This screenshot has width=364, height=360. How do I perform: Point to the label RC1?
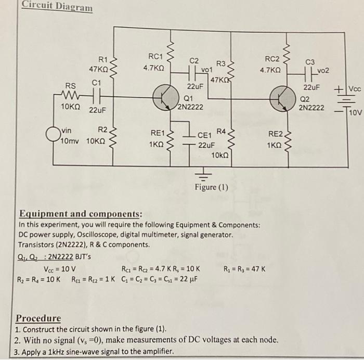pyautogui.click(x=155, y=56)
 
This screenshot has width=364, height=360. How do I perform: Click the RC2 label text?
pyautogui.click(x=272, y=59)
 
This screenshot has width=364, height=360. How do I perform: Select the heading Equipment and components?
pyautogui.click(x=81, y=214)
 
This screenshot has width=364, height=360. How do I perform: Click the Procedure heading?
pyautogui.click(x=38, y=318)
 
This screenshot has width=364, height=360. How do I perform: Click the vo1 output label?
pyautogui.click(x=207, y=69)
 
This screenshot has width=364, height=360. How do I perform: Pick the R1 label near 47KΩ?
pyautogui.click(x=103, y=59)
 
